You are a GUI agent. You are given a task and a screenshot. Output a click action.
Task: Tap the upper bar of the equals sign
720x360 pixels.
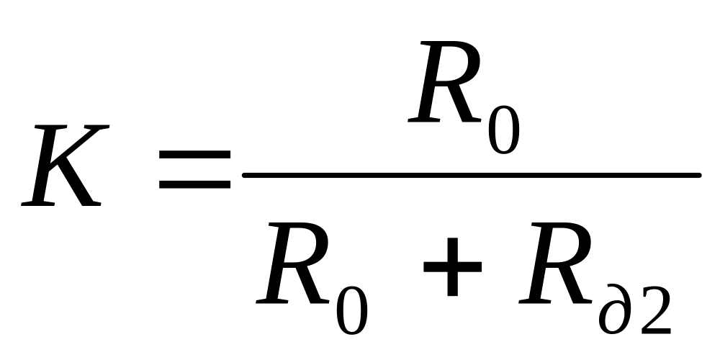[x=195, y=155]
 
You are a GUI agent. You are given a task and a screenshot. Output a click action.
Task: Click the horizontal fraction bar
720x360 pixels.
[x=472, y=175]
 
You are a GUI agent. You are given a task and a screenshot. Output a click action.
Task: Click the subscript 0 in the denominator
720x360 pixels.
[x=351, y=307]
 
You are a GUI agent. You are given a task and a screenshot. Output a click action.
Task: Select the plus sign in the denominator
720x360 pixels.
[x=452, y=268]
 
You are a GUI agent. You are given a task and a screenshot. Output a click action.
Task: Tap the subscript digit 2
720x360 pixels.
[x=653, y=307]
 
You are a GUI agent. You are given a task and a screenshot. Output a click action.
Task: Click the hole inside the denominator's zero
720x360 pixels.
[x=351, y=307]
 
